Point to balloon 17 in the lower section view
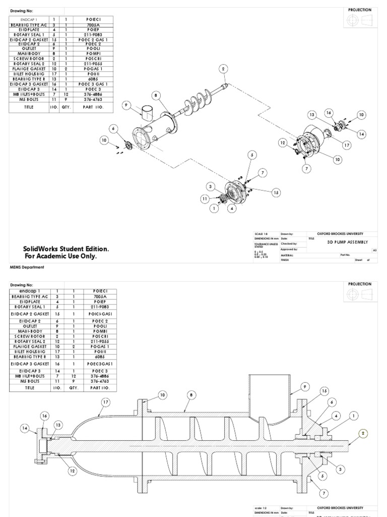pos(106,402)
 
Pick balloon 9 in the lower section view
pos(305,387)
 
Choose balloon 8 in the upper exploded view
pos(157,94)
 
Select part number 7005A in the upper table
pos(95,23)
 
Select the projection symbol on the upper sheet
pos(360,19)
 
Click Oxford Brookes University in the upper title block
pos(340,234)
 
